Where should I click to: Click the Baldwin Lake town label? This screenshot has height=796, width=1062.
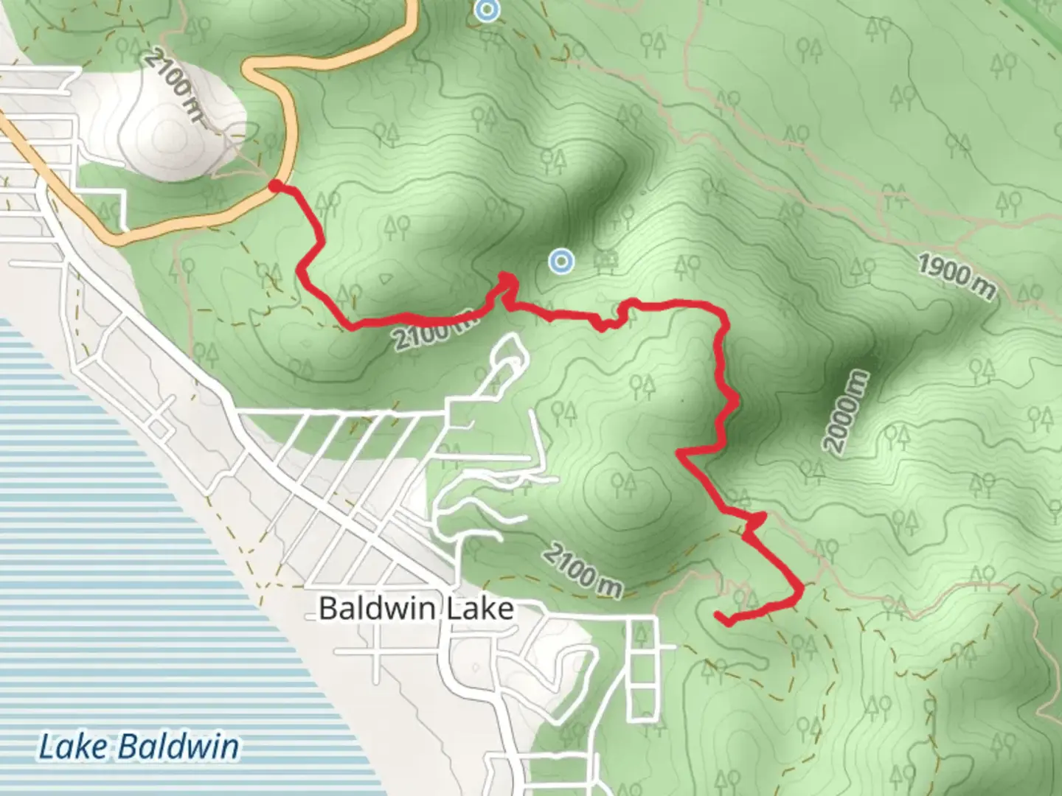point(416,609)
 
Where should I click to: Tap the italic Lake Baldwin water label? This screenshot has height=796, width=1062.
point(139,747)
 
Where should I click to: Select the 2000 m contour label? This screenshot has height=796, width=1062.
point(847,413)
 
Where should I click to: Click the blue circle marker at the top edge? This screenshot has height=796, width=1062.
point(485,10)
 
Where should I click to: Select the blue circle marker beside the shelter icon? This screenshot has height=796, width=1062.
point(562,261)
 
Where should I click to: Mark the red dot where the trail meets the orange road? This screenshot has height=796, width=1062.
point(274,186)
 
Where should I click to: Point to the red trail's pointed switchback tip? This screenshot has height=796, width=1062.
point(508,276)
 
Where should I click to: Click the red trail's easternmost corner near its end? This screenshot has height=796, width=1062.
point(799,589)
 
